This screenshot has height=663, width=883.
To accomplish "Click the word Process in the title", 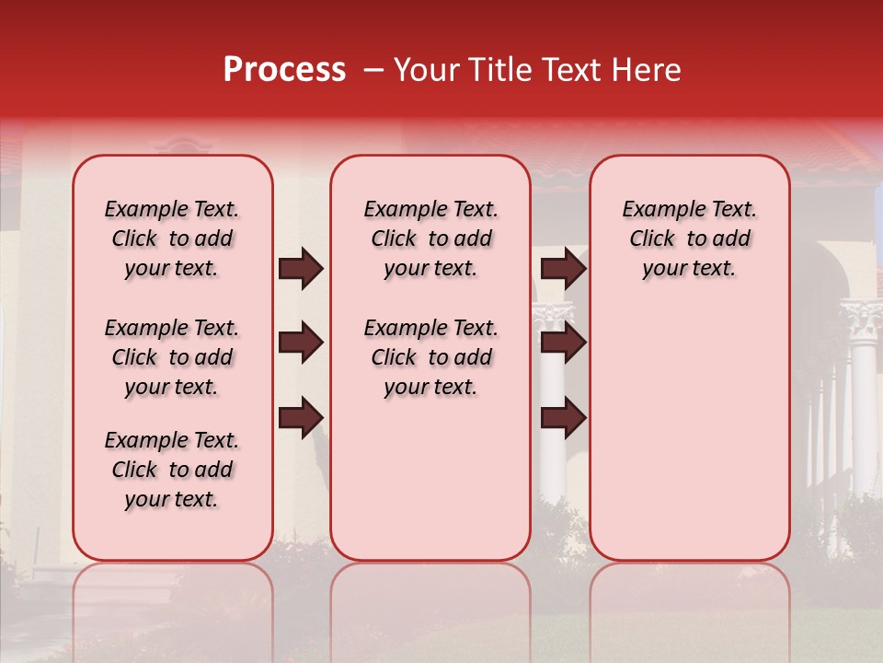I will pyautogui.click(x=284, y=70).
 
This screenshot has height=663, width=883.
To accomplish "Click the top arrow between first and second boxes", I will pyautogui.click(x=301, y=269).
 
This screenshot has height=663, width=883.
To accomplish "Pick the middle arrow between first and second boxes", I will pyautogui.click(x=301, y=343).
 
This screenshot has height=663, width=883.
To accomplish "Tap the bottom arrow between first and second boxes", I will pyautogui.click(x=301, y=417).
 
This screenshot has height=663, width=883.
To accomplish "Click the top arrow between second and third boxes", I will pyautogui.click(x=563, y=269).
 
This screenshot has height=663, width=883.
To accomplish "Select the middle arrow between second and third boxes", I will pyautogui.click(x=563, y=343).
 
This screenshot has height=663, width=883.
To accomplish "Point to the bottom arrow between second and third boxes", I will pyautogui.click(x=563, y=417).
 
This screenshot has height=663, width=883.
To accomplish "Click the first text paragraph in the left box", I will pyautogui.click(x=172, y=238).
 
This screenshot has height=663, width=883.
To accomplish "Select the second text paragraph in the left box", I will pyautogui.click(x=172, y=357).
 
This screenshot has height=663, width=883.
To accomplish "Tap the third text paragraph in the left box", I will pyautogui.click(x=172, y=470).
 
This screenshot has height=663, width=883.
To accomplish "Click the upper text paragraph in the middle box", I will pyautogui.click(x=430, y=238).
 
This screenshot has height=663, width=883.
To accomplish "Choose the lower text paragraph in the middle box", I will pyautogui.click(x=430, y=357).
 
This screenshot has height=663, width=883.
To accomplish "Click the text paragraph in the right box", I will pyautogui.click(x=689, y=238).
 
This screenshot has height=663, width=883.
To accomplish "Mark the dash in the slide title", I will pyautogui.click(x=373, y=70).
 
